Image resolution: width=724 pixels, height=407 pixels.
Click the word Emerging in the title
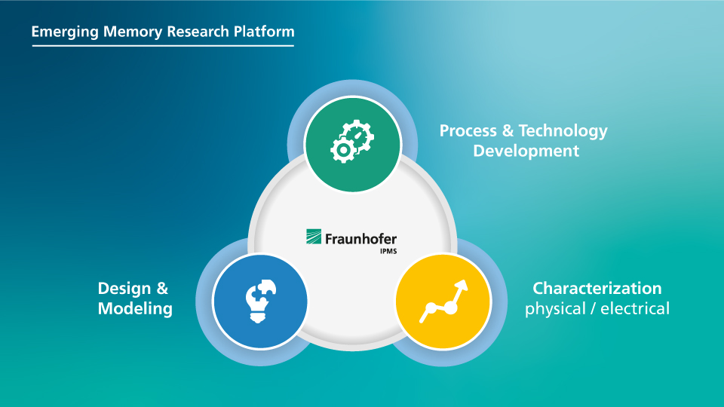pyautogui.click(x=65, y=32)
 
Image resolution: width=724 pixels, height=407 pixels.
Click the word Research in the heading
pyautogui.click(x=198, y=32)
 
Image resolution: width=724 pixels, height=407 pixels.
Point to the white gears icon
pyautogui.click(x=352, y=141)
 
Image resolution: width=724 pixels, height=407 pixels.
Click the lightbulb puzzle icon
pyautogui.click(x=260, y=301)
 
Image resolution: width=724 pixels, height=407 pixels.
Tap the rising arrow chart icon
pyautogui.click(x=443, y=301)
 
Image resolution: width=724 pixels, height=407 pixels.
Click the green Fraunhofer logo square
pyautogui.click(x=314, y=236)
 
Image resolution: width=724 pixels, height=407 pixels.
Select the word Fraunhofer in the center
pyautogui.click(x=360, y=239)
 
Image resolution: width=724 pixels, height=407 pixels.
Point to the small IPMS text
pyautogui.click(x=388, y=252)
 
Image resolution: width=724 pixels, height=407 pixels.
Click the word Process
pyautogui.click(x=468, y=130)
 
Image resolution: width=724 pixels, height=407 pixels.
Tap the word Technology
pyautogui.click(x=563, y=131)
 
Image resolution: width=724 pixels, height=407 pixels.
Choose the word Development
pyautogui.click(x=526, y=151)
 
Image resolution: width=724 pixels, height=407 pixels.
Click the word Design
pyautogui.click(x=124, y=289)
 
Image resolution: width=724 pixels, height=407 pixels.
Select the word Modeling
pyautogui.click(x=135, y=309)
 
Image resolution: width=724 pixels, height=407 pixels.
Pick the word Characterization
pyautogui.click(x=597, y=289)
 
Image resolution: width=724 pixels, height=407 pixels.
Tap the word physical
pyautogui.click(x=555, y=309)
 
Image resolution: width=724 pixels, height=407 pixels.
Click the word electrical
pyautogui.click(x=635, y=308)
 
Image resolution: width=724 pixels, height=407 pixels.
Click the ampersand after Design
pyautogui.click(x=162, y=289)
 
